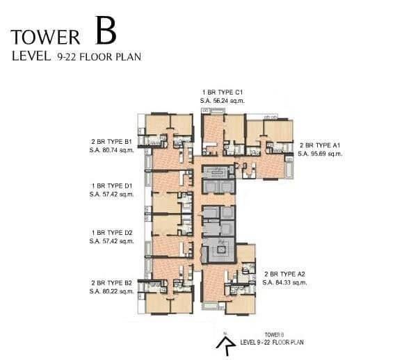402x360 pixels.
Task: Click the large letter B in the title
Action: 106,32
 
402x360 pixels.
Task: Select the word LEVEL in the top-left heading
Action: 30,57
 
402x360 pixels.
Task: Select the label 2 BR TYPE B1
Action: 111,141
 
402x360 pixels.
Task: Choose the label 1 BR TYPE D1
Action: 111,187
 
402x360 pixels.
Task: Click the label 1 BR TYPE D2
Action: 111,234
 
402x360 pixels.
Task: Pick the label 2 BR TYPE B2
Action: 111,284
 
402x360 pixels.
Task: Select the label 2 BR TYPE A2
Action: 284,275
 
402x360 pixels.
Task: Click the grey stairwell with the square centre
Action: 219,248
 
